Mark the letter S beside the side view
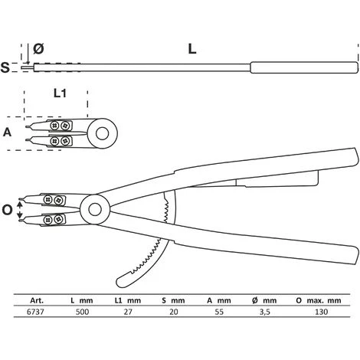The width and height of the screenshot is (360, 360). pos(6,67)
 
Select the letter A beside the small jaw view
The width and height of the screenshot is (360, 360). pos(8,132)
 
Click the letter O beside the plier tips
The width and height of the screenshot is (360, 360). pos(8,210)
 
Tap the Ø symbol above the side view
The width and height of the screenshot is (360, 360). pos(38,49)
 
